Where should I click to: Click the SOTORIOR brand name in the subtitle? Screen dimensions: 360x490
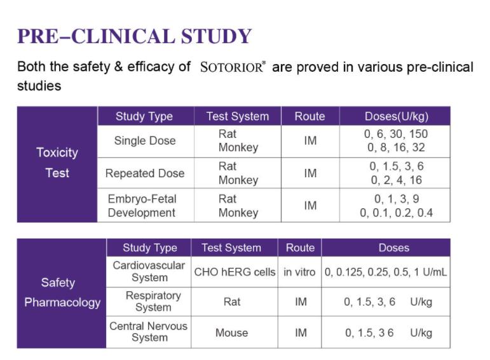(x=231, y=67)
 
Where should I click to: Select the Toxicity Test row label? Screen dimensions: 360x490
(x=57, y=163)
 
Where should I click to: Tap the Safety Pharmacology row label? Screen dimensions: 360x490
(x=62, y=293)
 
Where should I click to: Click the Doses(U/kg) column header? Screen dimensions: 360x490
(x=395, y=116)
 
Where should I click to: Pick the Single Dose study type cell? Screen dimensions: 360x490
(x=145, y=140)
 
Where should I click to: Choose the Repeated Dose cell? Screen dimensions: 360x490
(x=145, y=173)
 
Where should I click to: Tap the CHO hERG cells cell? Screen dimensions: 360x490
(x=235, y=272)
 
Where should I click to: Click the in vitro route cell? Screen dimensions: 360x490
(x=299, y=272)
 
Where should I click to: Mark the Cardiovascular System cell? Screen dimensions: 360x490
(x=149, y=271)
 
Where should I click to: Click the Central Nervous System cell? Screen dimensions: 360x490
(x=149, y=332)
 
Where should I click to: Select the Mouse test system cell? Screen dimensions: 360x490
(x=231, y=333)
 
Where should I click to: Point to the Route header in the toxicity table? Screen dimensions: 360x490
(x=310, y=116)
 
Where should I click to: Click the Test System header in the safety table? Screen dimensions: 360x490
(x=231, y=248)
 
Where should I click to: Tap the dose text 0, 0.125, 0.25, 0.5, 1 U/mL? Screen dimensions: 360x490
(x=386, y=272)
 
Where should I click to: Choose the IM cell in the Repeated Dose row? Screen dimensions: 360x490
(x=310, y=173)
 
